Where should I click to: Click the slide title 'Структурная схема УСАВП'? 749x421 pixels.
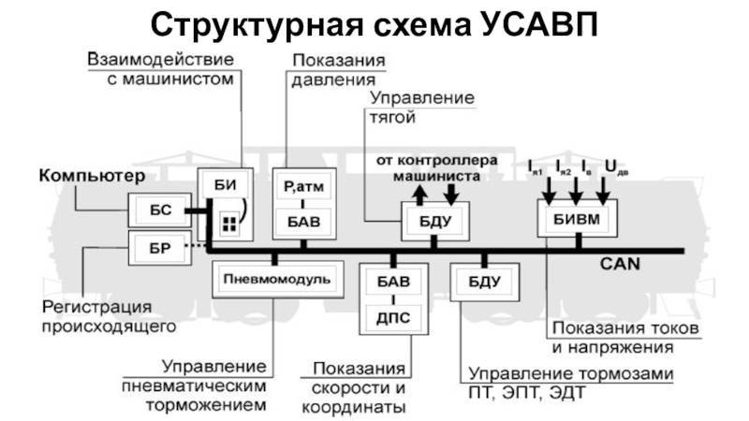click(374, 22)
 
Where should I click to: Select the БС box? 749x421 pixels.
click(159, 210)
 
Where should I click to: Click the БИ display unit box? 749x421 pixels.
click(223, 185)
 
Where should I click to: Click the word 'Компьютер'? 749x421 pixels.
click(92, 176)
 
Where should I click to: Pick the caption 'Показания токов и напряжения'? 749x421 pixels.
click(613, 338)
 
